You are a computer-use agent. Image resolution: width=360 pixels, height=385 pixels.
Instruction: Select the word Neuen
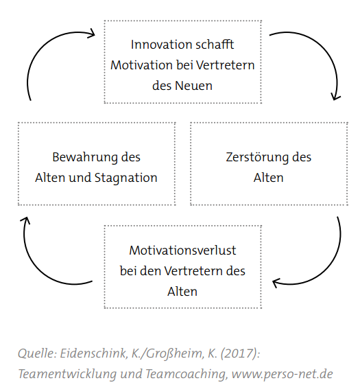[193, 86]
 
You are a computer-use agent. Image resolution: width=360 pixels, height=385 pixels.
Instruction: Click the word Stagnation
[125, 178]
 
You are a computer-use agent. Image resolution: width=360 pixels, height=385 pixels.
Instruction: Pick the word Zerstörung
[257, 158]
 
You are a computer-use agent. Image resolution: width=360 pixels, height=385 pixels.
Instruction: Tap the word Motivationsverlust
[182, 250]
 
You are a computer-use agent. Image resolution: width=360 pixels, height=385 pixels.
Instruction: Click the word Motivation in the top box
[141, 65]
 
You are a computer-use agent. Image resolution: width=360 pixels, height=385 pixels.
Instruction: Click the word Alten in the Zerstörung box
[269, 178]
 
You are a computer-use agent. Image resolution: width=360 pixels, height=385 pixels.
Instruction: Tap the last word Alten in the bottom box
[182, 292]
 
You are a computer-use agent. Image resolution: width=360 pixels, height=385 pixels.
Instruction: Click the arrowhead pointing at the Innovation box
[92, 34]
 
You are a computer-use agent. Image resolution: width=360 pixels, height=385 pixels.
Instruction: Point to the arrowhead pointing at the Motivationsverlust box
[276, 283]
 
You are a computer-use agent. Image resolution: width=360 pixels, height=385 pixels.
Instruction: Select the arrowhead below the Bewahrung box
[25, 220]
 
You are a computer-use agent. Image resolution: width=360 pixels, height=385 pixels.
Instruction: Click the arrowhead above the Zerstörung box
[335, 97]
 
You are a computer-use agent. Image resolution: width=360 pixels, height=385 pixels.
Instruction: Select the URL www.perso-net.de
[283, 375]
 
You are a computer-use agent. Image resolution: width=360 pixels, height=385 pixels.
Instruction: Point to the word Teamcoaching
[186, 375]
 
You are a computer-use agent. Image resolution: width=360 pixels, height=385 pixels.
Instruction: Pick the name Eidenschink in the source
[93, 354]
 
